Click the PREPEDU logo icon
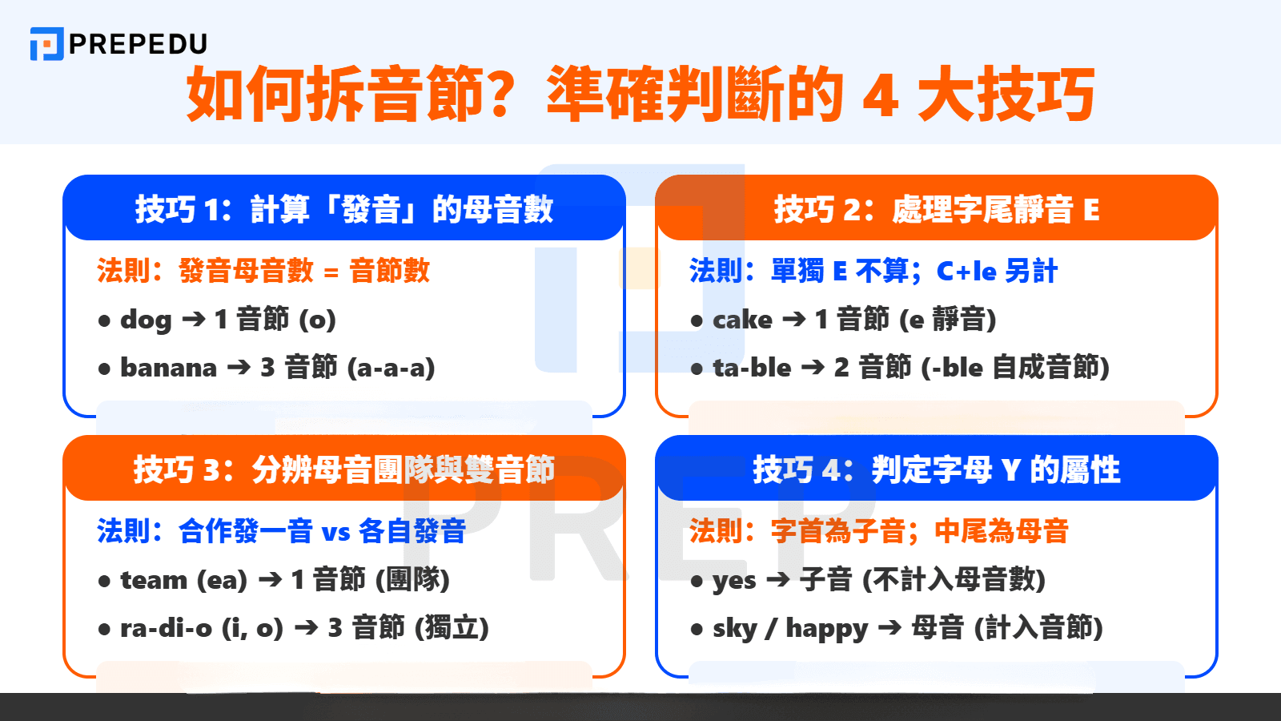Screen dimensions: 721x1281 tap(46, 44)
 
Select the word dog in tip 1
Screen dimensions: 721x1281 tap(146, 320)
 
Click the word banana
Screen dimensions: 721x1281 tap(168, 369)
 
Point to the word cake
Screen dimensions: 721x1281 tap(742, 320)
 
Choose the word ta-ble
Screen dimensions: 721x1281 tap(752, 369)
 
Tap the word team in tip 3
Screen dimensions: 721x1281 tap(154, 580)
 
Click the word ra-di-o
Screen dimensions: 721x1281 tap(166, 629)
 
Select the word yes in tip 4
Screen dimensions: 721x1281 tap(734, 581)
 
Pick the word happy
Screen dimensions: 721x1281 tap(826, 629)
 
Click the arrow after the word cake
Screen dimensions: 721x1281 tap(793, 320)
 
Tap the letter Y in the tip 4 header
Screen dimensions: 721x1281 tap(1011, 470)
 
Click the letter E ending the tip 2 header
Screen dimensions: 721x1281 tap(1091, 211)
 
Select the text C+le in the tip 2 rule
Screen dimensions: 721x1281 tap(966, 272)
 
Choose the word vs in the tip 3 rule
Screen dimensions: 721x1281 tap(336, 532)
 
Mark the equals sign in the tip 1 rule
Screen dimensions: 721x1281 tap(331, 272)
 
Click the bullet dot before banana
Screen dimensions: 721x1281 tap(104, 369)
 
